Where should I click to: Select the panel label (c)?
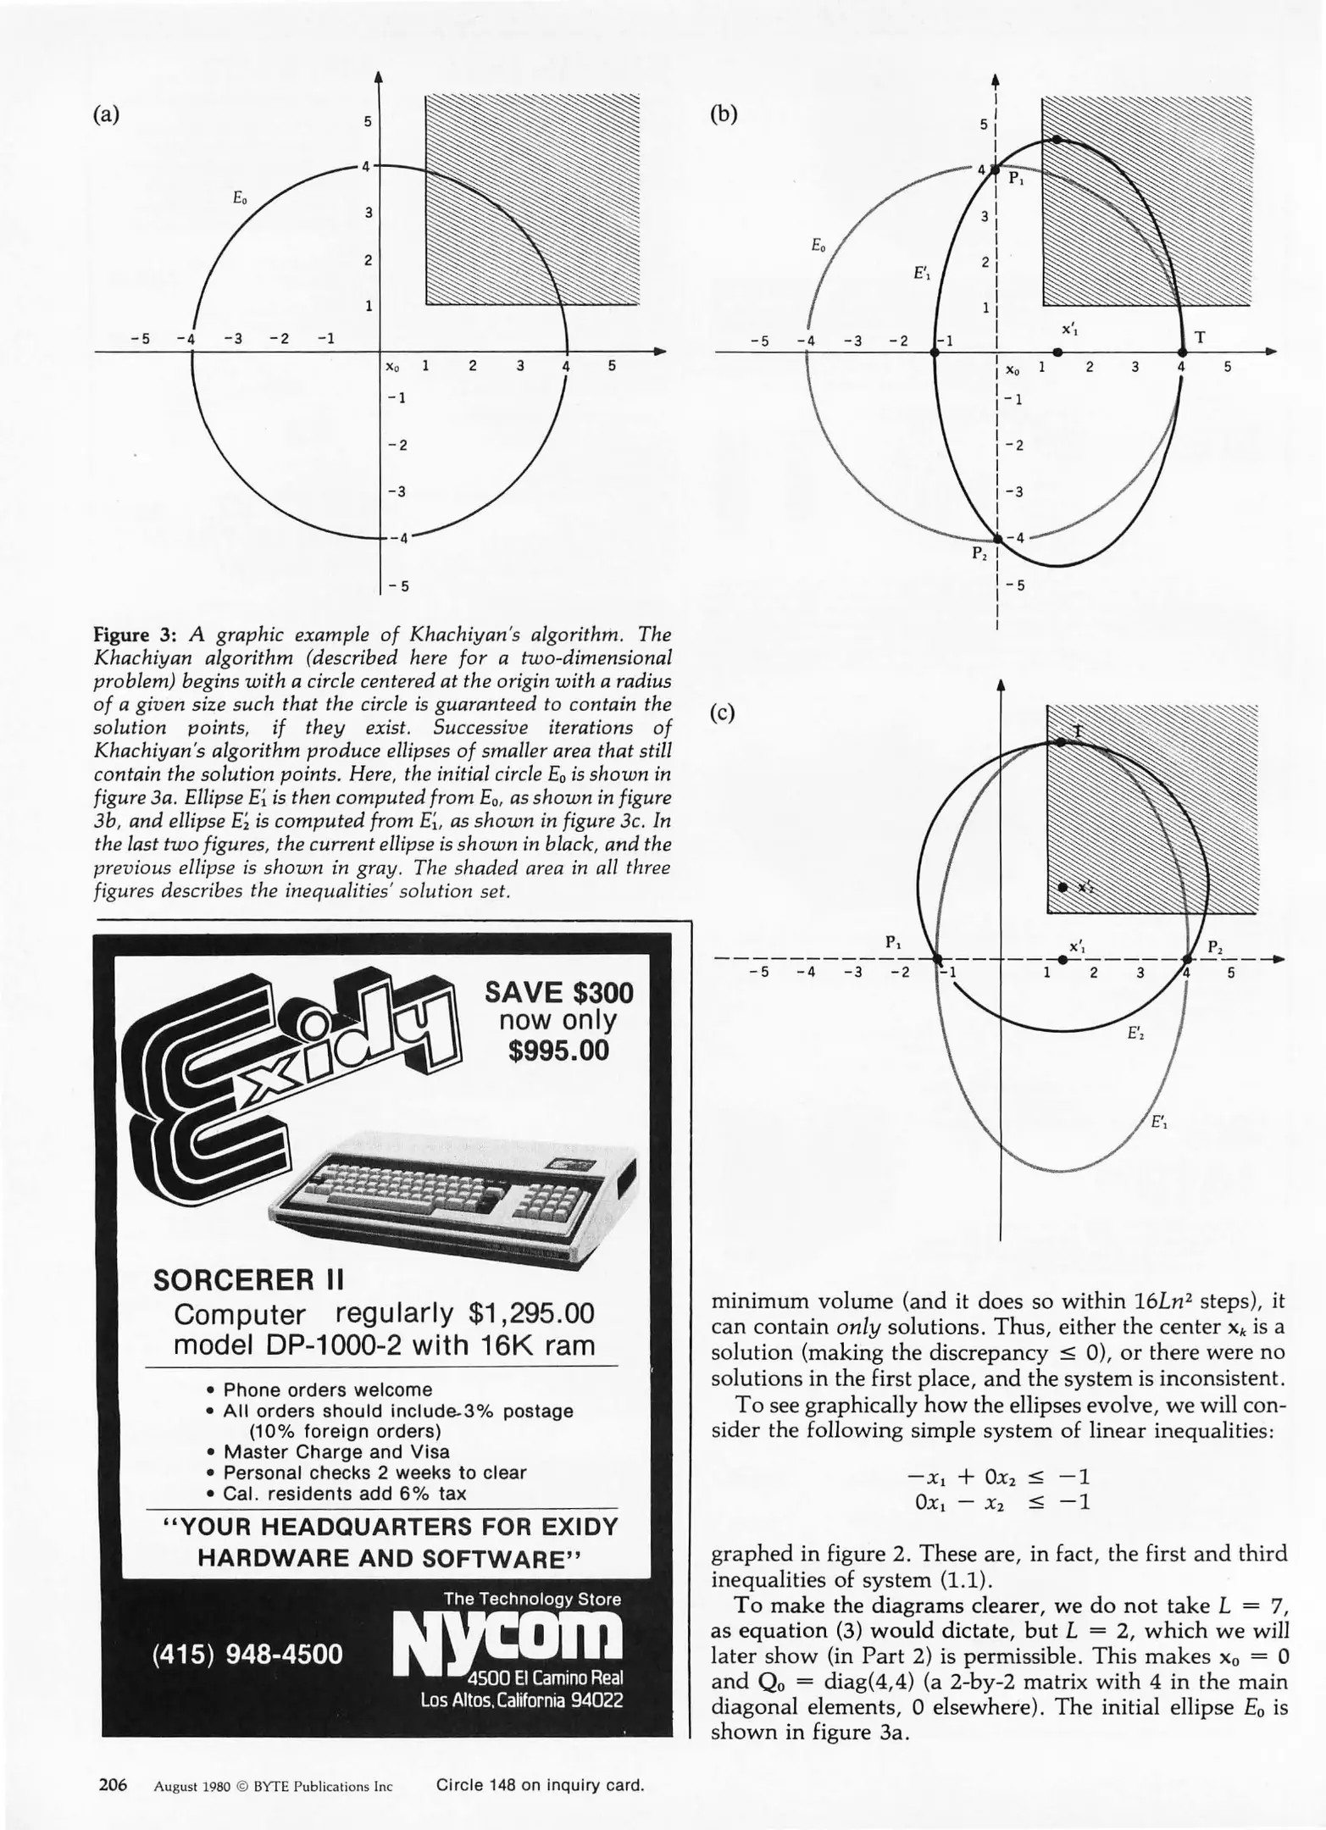click(x=723, y=713)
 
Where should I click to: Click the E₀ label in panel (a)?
click(x=241, y=197)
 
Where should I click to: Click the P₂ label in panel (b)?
click(x=979, y=555)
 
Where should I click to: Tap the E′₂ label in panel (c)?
click(x=1135, y=1034)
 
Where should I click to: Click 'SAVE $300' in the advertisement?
click(x=559, y=992)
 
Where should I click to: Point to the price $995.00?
click(x=559, y=1051)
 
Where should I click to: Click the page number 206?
click(x=113, y=1785)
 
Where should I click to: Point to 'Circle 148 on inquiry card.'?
click(x=540, y=1786)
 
